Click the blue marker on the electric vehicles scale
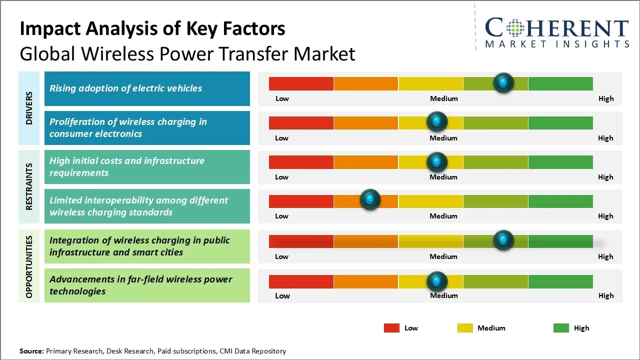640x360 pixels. point(503,82)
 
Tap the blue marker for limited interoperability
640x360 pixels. point(370,199)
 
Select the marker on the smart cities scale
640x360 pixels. point(503,240)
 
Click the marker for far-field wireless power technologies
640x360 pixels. point(437,281)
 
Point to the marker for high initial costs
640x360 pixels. point(437,161)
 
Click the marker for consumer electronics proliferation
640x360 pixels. point(437,121)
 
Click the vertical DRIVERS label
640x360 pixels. point(29,108)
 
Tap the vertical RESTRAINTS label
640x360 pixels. point(29,186)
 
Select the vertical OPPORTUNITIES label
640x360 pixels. point(29,266)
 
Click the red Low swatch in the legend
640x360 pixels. point(391,328)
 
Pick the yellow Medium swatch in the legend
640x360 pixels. point(465,328)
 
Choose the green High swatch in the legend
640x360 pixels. point(561,328)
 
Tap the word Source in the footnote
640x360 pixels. point(31,351)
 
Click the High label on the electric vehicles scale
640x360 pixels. point(606,98)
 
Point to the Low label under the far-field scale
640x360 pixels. point(282,295)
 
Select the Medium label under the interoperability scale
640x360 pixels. point(443,216)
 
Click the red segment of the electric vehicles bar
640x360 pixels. point(301,83)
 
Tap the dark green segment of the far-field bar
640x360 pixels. point(560,281)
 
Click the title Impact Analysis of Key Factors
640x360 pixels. point(152,28)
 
